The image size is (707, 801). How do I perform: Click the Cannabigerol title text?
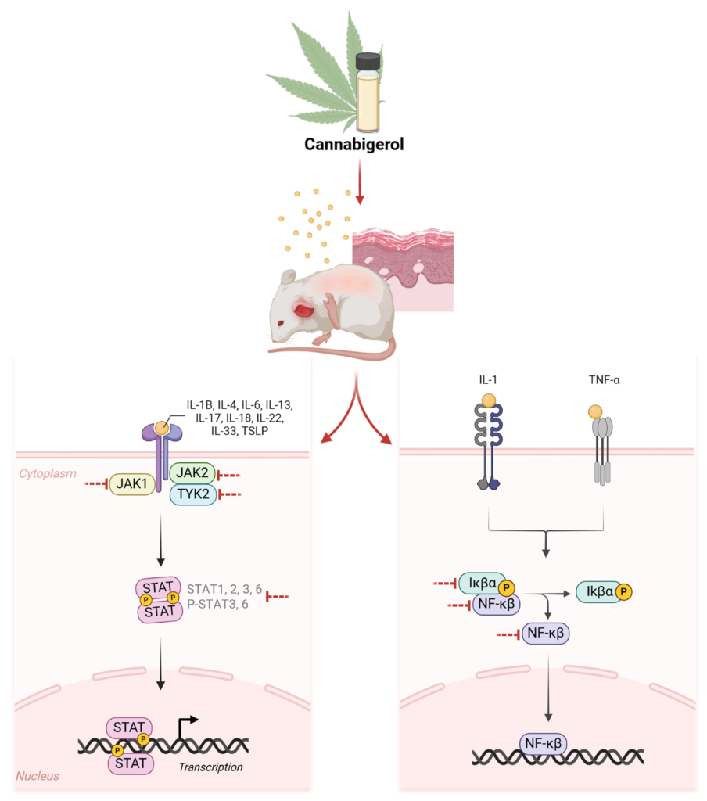[x=354, y=145]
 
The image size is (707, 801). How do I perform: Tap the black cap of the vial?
[x=368, y=61]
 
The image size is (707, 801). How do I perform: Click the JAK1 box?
[x=132, y=483]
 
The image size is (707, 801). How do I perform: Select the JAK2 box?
[x=192, y=473]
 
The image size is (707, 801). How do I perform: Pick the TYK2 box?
[x=192, y=494]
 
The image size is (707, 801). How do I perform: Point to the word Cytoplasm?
[x=48, y=474]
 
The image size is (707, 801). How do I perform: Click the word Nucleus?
[x=38, y=776]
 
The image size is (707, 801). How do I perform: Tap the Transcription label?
[x=210, y=767]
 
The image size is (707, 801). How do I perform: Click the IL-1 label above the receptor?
[x=488, y=380]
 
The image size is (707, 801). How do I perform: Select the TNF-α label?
[x=604, y=380]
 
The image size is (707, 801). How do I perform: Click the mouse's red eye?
[x=281, y=323]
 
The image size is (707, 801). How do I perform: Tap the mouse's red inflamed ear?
[x=303, y=310]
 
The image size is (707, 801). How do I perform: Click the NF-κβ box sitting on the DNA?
[x=543, y=744]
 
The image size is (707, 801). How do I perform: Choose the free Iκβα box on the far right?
[x=604, y=592]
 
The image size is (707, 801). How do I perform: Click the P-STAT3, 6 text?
[x=217, y=605]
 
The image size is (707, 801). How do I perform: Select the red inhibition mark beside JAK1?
[x=96, y=483]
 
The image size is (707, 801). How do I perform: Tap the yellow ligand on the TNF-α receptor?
[x=595, y=411]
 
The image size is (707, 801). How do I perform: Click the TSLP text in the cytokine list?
[x=255, y=431]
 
